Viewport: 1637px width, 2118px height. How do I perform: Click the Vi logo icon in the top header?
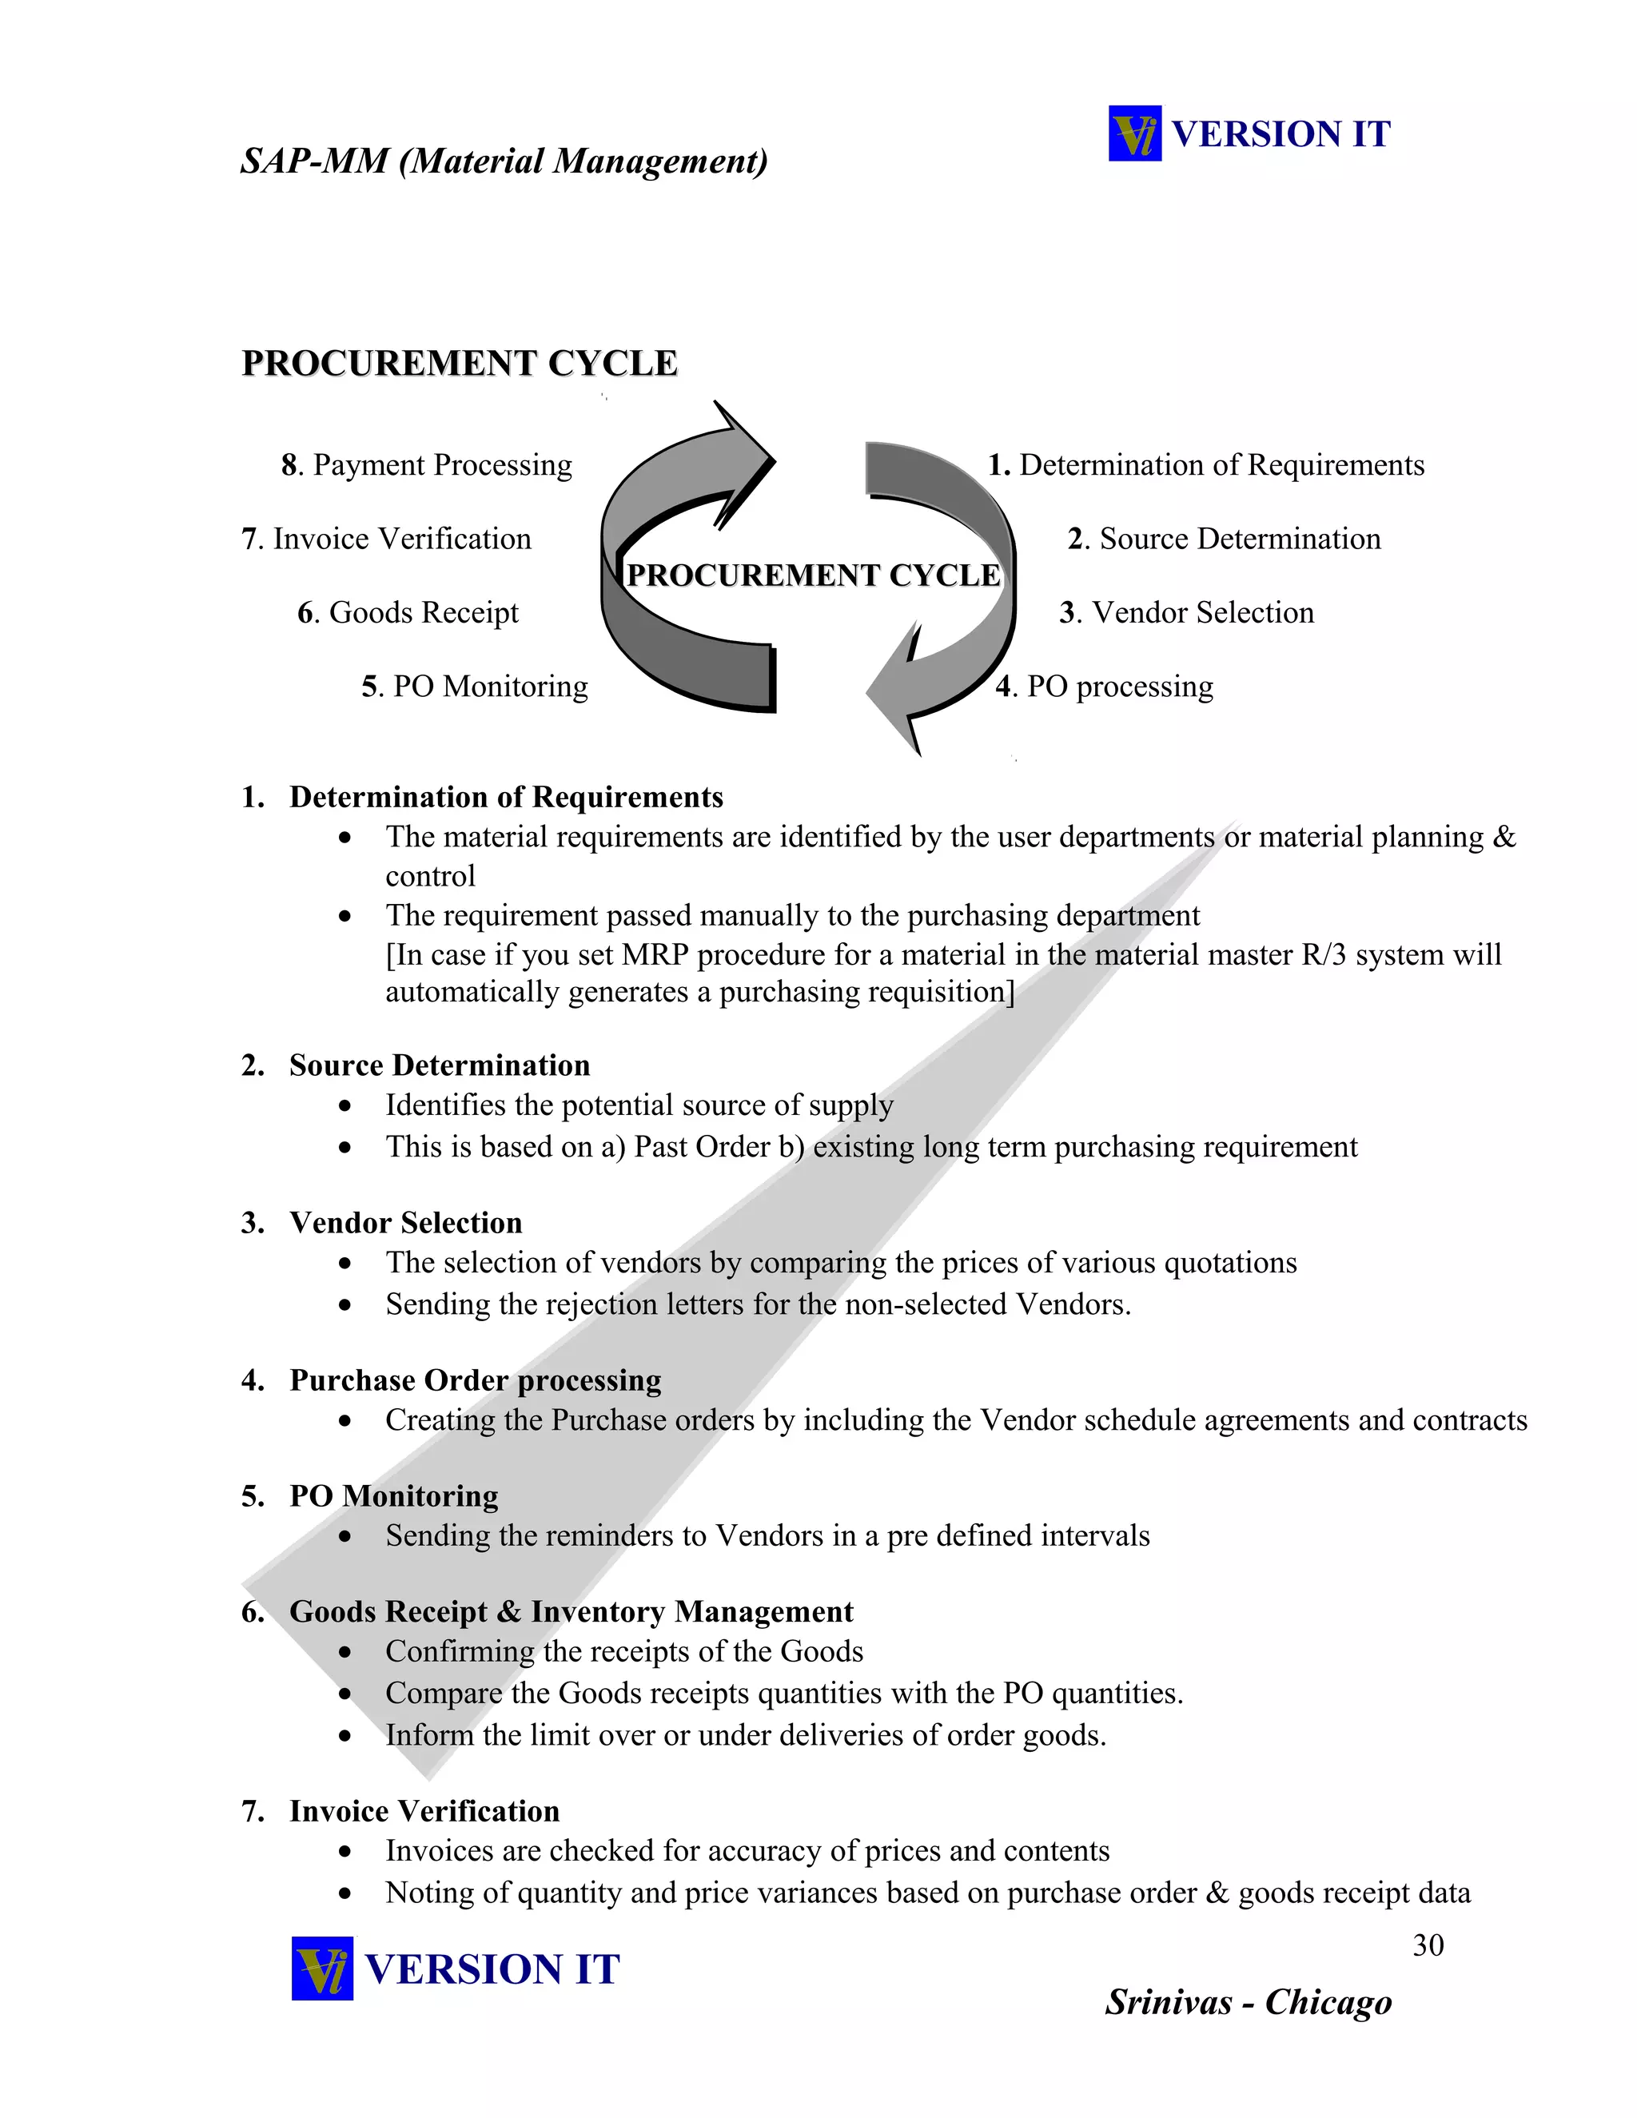tap(1135, 133)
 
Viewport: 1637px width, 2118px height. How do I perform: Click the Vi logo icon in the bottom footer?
tap(322, 1968)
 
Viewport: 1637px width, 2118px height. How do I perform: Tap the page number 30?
tap(1428, 1945)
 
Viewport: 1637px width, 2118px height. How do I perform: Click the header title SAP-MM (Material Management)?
tap(504, 161)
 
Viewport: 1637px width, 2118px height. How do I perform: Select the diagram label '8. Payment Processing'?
tap(427, 465)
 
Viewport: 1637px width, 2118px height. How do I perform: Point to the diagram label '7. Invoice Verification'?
tap(386, 539)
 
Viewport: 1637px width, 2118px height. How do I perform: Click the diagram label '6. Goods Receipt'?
tap(408, 613)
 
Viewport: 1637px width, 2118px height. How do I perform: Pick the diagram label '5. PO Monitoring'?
tap(474, 687)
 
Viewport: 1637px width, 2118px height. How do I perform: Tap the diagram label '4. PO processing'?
tap(1104, 687)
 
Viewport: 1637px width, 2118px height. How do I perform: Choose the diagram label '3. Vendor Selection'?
tap(1186, 613)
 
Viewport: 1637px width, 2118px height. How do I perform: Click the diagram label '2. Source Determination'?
tap(1224, 539)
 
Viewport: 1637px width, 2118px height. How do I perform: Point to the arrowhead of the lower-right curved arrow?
tap(897, 694)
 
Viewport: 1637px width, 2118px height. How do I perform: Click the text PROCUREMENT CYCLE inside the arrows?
tap(813, 575)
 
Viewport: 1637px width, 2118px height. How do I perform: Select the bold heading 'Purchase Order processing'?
tap(476, 1380)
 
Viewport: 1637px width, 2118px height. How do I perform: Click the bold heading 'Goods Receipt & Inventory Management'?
tap(572, 1612)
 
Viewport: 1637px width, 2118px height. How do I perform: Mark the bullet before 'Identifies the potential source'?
tap(345, 1106)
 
